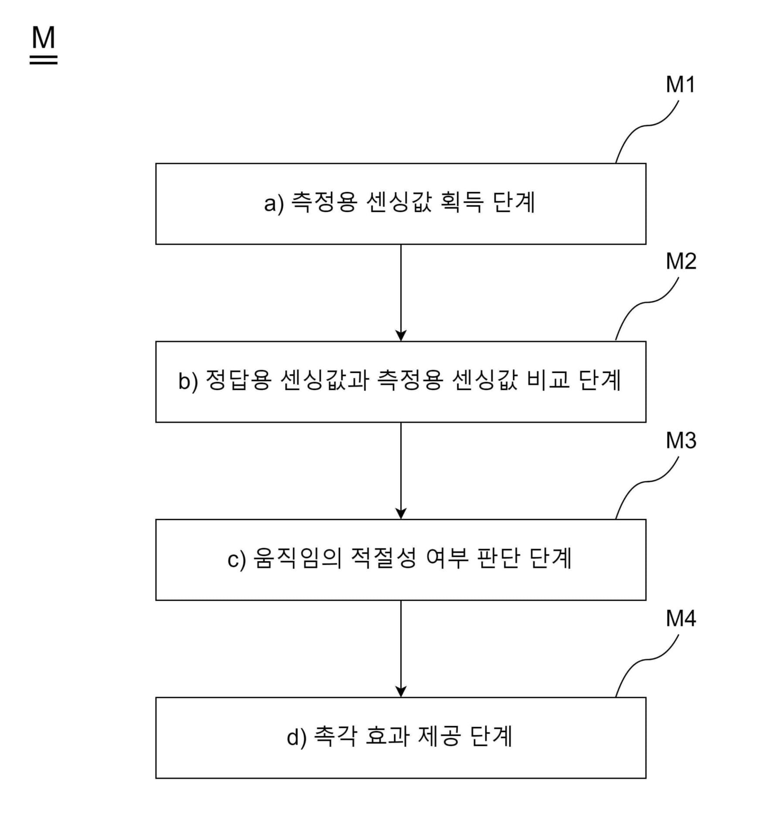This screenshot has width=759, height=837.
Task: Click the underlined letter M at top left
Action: [44, 38]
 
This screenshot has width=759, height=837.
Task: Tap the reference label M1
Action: [680, 85]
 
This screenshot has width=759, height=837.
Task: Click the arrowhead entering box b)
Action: [401, 335]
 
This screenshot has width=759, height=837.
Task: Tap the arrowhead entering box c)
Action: [401, 513]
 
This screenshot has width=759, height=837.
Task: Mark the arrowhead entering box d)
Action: [401, 691]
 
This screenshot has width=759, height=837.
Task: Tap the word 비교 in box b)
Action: [548, 381]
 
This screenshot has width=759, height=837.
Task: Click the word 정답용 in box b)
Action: [238, 381]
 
